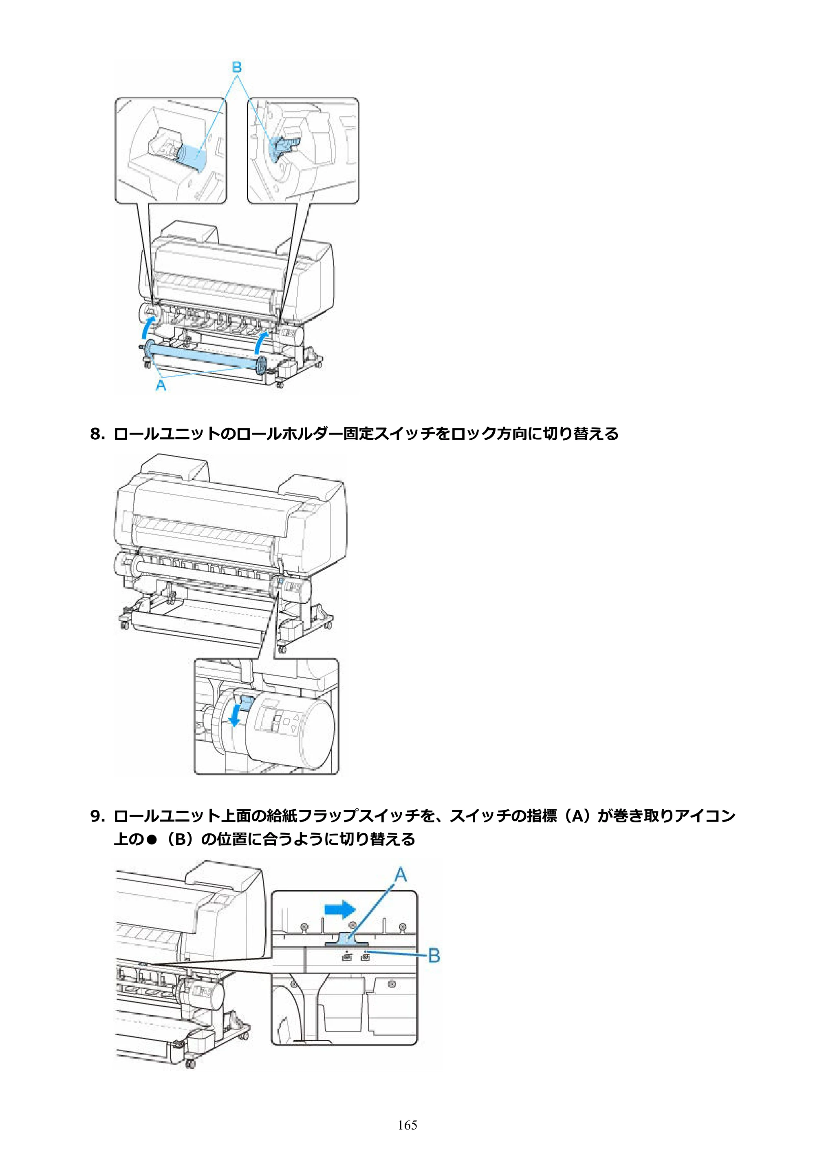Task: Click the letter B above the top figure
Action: point(237,67)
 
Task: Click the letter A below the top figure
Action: point(161,385)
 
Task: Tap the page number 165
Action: point(407,1125)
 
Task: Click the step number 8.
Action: point(97,434)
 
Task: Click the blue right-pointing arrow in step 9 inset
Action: point(340,909)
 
